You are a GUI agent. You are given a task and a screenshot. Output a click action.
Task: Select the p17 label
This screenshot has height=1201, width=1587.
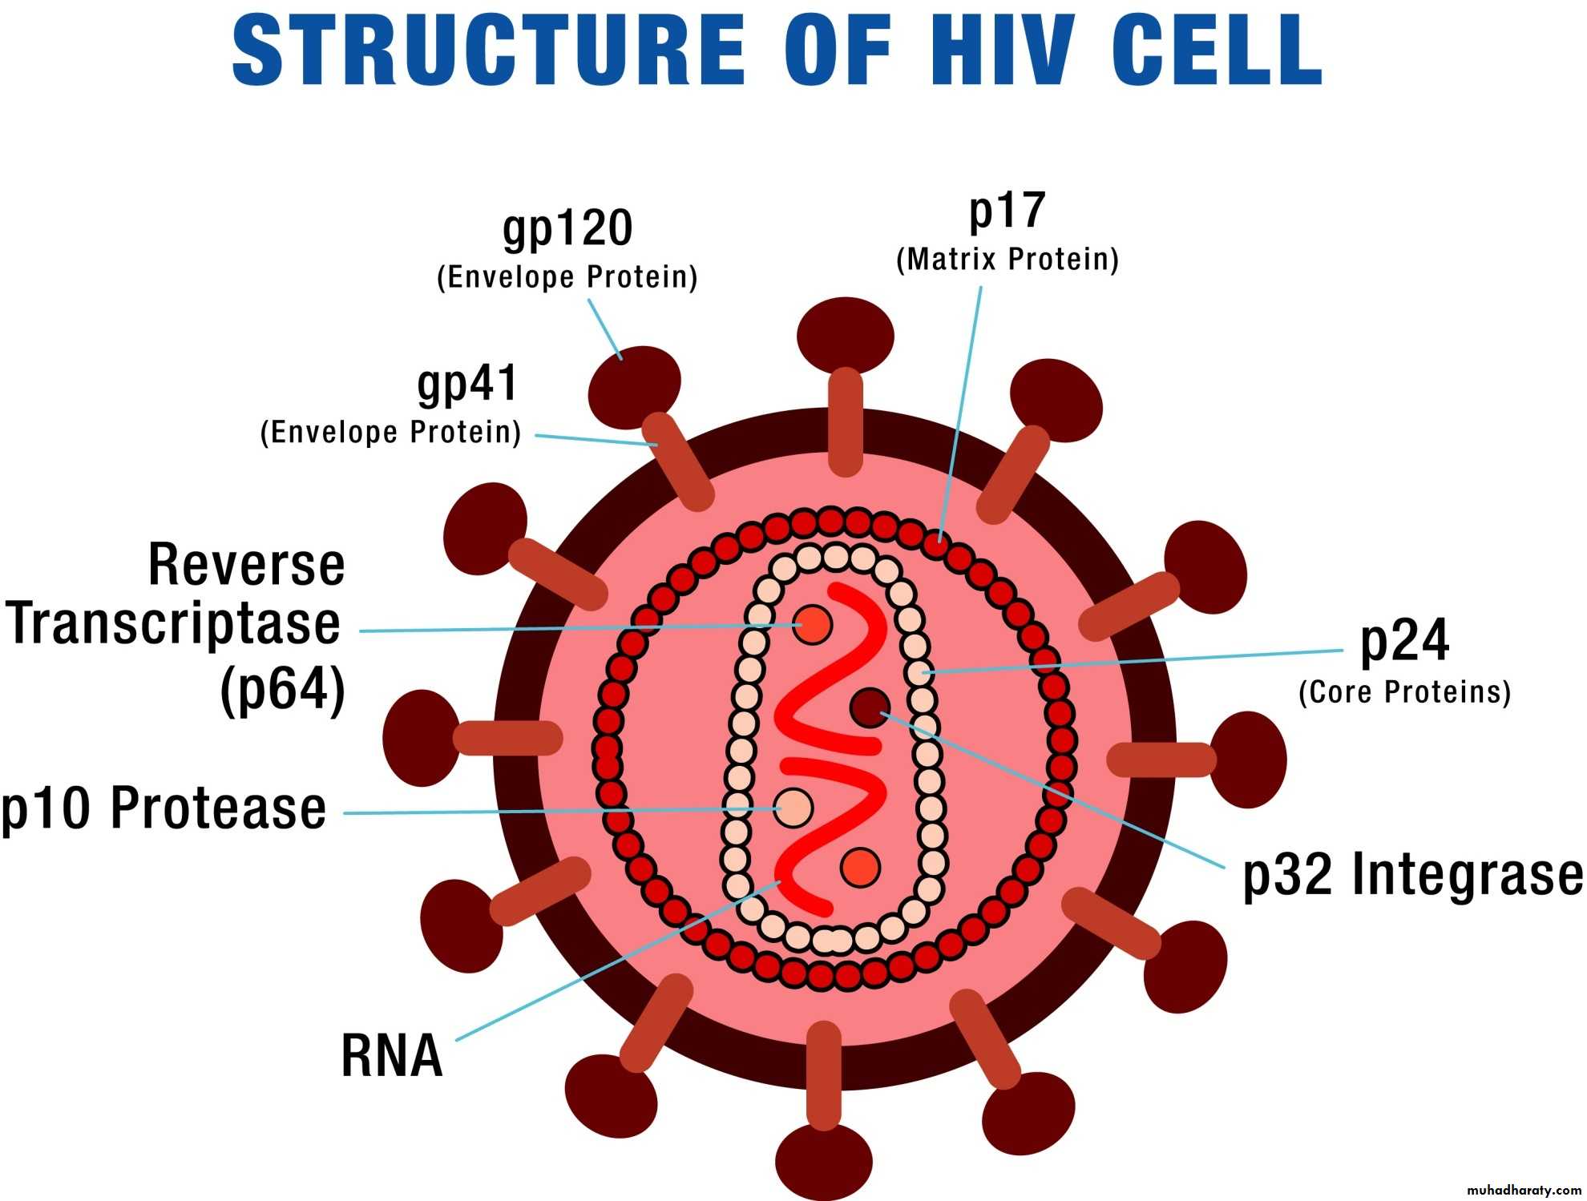coord(1008,212)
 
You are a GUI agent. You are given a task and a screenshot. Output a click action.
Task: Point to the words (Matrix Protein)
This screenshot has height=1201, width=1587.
coord(1008,260)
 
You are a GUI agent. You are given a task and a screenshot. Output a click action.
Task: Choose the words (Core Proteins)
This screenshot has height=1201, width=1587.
coord(1405,692)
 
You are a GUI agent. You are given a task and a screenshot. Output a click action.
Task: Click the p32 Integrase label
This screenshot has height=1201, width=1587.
coord(1413,874)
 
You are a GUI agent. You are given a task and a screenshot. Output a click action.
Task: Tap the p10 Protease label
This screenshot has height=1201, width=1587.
coord(164,808)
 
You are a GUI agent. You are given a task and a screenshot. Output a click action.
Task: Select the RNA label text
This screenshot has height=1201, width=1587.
coord(392,1055)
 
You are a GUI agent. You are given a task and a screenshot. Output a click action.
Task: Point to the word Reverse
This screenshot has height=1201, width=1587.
coord(247,565)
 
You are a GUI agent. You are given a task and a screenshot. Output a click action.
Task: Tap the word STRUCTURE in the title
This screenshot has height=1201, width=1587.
coord(489,50)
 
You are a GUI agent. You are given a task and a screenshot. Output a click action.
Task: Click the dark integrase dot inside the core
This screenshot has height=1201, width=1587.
coord(870,707)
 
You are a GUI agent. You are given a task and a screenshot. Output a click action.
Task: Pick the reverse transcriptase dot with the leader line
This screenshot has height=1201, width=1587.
coord(812,625)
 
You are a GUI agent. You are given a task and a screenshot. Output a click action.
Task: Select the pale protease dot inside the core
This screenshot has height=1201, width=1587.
coord(793,808)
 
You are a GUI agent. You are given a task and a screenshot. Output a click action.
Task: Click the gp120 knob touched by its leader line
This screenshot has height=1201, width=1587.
coord(634,387)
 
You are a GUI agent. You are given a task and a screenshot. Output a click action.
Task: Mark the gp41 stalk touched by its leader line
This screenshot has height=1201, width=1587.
coord(677,462)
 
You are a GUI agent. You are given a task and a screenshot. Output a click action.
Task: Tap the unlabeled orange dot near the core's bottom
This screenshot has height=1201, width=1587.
coord(861,867)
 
